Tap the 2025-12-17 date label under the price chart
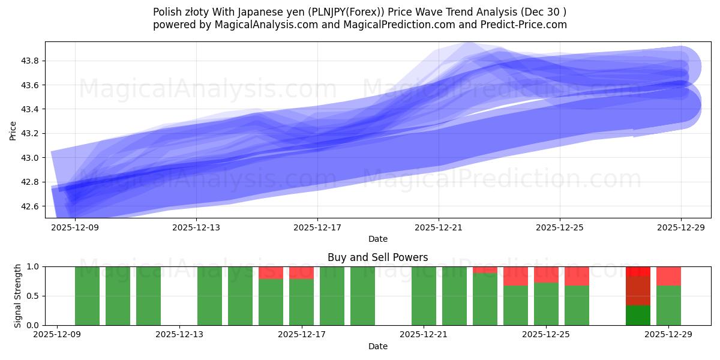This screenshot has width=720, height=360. [x=317, y=227]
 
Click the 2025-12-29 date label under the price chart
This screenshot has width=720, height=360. [x=681, y=227]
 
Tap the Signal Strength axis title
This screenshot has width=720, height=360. [x=18, y=296]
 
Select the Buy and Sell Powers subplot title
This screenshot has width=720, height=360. [x=377, y=257]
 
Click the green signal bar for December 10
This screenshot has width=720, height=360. [x=87, y=296]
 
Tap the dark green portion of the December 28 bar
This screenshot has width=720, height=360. [x=638, y=316]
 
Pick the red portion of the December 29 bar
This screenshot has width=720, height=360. [x=668, y=276]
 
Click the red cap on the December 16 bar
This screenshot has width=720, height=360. [x=271, y=273]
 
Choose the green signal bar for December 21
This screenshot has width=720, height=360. [x=424, y=296]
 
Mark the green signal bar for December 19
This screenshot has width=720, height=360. [x=362, y=296]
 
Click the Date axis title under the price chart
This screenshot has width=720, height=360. [x=377, y=239]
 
